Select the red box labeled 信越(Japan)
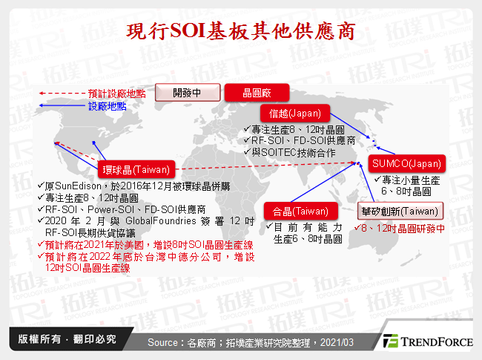point(294,114)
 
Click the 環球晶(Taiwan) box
point(136,168)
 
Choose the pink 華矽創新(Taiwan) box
point(400,210)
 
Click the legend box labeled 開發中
point(186,93)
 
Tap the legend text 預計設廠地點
point(116,94)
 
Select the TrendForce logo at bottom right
point(426,341)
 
